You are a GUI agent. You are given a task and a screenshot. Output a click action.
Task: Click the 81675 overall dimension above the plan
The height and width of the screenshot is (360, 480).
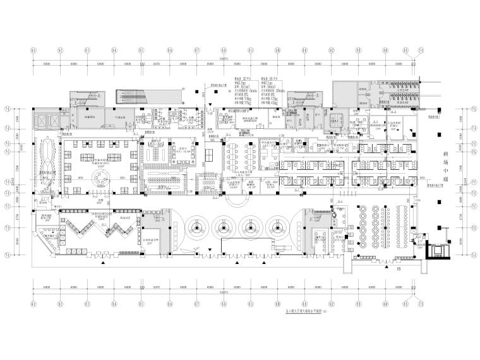click(x=224, y=58)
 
